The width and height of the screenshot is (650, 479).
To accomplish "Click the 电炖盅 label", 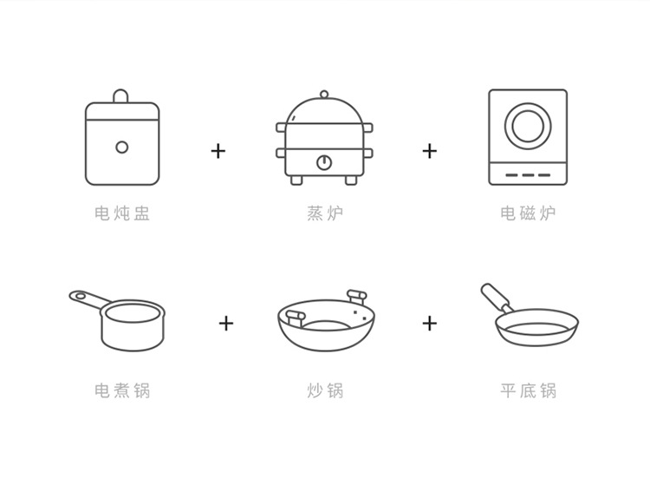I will (122, 213).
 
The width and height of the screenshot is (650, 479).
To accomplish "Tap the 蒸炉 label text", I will (325, 213).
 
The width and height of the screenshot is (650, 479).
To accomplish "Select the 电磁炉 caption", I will (528, 213).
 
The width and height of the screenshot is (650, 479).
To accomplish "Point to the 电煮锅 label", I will (122, 390).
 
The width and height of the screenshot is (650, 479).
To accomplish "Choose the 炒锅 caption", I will (325, 390).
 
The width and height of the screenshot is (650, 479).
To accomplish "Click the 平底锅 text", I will (528, 390).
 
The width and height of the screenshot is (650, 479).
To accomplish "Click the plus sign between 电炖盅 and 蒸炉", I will (218, 151).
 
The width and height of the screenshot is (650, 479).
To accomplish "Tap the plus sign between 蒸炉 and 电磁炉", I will (430, 151).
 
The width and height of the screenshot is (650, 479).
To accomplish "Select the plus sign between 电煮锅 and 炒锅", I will (226, 324).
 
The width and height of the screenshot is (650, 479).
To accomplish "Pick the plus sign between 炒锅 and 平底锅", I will (430, 324).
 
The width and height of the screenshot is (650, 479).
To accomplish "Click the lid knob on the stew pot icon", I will (122, 95).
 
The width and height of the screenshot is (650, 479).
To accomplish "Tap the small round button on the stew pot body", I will (122, 147).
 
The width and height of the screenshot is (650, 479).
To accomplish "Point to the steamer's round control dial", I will (324, 161).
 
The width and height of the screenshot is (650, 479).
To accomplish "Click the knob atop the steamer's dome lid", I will (324, 94).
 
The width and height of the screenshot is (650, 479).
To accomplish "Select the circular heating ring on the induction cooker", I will (528, 127).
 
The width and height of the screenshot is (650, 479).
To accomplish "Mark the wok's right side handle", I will (354, 297).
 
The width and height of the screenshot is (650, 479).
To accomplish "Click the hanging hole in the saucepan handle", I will (80, 296).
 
